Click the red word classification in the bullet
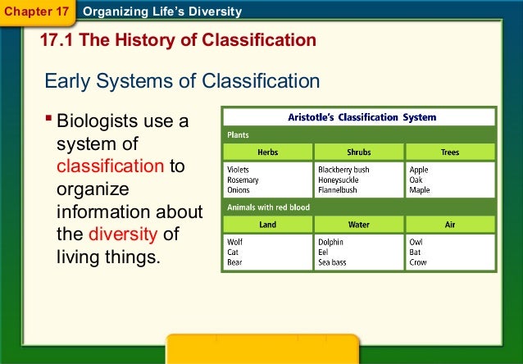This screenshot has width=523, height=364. click(x=111, y=166)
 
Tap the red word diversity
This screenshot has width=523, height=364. click(x=124, y=234)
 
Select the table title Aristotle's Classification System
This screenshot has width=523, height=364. click(x=362, y=117)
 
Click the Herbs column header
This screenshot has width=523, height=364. click(x=267, y=152)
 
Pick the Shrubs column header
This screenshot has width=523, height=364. click(x=359, y=152)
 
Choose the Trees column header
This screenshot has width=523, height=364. click(x=450, y=152)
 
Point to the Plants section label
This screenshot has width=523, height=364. click(x=239, y=134)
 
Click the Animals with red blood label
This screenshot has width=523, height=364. click(x=268, y=207)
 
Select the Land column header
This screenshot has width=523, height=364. click(x=267, y=225)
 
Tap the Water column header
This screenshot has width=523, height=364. click(x=359, y=225)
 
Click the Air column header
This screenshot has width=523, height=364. click(x=450, y=225)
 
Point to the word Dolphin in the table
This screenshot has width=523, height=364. click(x=330, y=243)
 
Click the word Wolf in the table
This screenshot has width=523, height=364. click(x=236, y=243)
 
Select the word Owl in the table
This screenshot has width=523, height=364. click(x=417, y=243)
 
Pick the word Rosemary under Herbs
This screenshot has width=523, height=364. click(x=243, y=180)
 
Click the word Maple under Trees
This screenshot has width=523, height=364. click(x=420, y=190)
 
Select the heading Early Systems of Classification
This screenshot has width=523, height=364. click(x=181, y=81)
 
